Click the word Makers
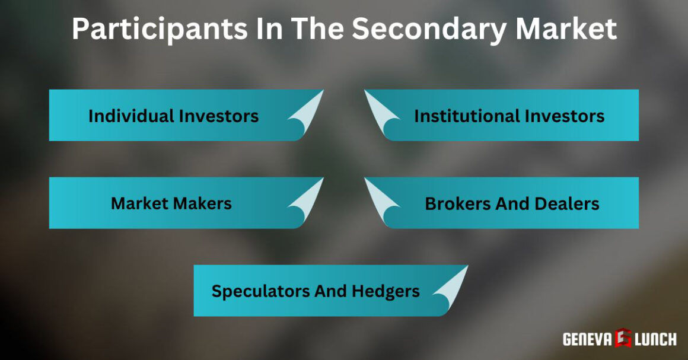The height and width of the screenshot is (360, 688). point(202,203)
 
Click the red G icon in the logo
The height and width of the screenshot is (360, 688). point(624,339)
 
